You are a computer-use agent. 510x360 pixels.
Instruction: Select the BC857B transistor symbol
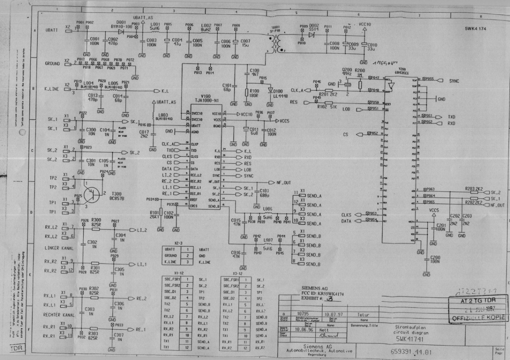[x=93, y=193]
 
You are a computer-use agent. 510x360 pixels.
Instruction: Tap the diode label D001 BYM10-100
[x=121, y=25]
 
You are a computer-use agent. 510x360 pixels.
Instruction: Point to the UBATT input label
[x=52, y=30]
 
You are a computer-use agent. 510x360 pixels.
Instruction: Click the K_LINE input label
[x=52, y=89]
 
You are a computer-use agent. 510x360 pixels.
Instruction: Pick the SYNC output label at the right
[x=454, y=81]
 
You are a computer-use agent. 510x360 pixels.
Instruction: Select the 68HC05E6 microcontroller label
[x=402, y=72]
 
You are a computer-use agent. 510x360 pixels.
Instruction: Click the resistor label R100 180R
[x=254, y=93]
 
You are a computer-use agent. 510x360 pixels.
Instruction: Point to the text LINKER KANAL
[x=59, y=248]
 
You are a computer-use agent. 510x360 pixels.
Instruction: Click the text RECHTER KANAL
[x=59, y=315]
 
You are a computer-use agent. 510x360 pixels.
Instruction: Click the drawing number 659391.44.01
[x=411, y=352]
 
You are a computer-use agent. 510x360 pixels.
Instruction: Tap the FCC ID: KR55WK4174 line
[x=323, y=294]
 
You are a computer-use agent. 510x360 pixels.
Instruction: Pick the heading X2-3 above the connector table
[x=178, y=243]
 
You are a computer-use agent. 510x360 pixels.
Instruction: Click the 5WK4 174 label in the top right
[x=476, y=29]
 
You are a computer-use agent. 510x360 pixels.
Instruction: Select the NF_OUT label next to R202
[x=497, y=205]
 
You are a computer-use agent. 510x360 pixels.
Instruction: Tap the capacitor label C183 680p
[x=264, y=193]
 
